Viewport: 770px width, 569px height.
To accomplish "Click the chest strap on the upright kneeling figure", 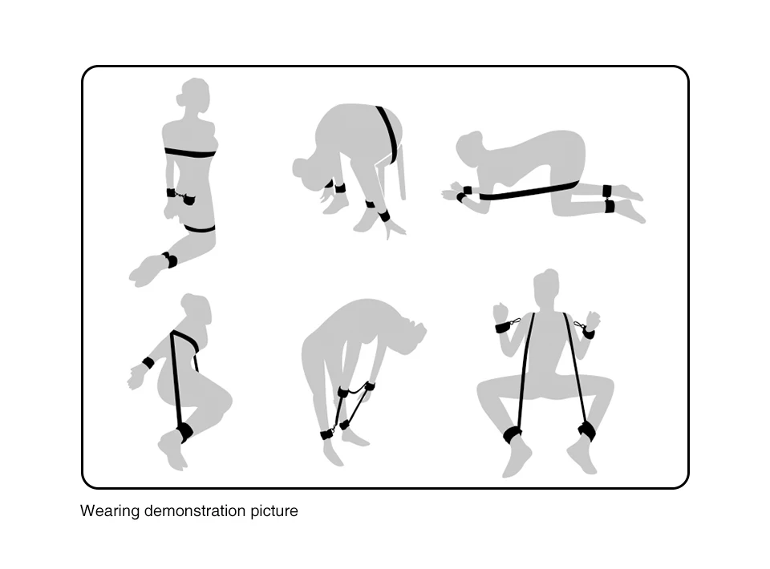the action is pos(190,152).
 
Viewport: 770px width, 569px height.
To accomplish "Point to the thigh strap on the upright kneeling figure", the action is pos(200,228).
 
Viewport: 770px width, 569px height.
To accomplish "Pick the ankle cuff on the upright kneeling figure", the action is pos(170,260).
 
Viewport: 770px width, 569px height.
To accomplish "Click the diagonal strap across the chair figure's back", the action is pos(388,134).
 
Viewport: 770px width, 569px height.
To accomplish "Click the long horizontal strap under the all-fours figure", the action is pos(529,191).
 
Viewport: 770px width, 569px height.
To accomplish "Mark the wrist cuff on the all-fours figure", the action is pos(464,193).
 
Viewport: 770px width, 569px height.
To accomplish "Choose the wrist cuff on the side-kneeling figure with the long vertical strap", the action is pos(148,364).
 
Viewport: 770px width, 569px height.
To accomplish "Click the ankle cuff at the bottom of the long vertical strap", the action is pos(184,433).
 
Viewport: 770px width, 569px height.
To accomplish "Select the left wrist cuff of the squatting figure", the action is pos(504,327).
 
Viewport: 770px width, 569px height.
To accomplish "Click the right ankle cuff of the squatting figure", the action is pos(587,430).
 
